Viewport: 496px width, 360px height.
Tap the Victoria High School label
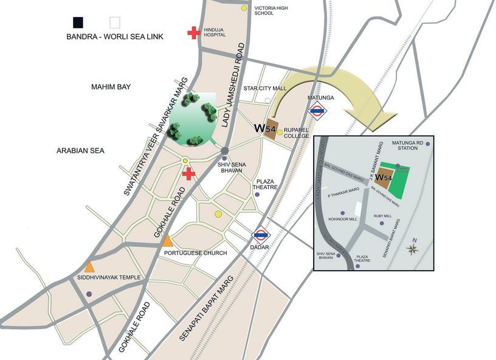(x=270, y=9)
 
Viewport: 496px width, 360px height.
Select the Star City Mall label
(x=264, y=88)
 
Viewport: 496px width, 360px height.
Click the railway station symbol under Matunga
(x=317, y=111)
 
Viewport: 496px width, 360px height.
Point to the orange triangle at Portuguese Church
(x=168, y=242)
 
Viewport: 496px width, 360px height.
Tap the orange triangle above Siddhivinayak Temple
(x=89, y=266)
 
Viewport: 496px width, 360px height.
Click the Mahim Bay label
(x=111, y=88)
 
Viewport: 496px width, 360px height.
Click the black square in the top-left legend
(x=78, y=22)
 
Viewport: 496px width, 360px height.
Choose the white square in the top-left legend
(x=114, y=22)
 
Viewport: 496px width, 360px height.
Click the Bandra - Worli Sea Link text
(x=114, y=36)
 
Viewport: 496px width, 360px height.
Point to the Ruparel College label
(x=297, y=133)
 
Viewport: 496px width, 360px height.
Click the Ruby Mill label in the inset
(x=382, y=215)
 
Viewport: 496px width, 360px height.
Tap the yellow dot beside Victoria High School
(x=244, y=9)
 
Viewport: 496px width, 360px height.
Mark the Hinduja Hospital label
(x=214, y=32)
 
